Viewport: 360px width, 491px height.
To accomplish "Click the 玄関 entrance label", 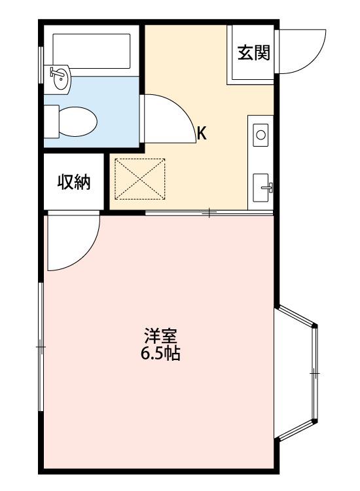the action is pyautogui.click(x=253, y=52).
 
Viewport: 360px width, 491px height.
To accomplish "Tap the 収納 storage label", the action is pyautogui.click(x=74, y=182).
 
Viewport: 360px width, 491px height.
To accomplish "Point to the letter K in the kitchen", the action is pyautogui.click(x=202, y=134).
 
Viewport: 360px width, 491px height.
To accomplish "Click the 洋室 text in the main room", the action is pyautogui.click(x=160, y=336).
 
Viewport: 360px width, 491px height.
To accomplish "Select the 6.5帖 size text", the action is pyautogui.click(x=160, y=354).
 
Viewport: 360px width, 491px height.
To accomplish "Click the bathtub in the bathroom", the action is pyautogui.click(x=92, y=51).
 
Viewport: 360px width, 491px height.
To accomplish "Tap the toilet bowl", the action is pyautogui.click(x=78, y=122).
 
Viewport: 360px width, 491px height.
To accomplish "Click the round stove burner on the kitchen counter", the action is pyautogui.click(x=261, y=135).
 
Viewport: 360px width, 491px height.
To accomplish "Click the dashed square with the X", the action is pyautogui.click(x=140, y=179).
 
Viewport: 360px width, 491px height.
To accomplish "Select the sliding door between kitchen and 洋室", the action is pyautogui.click(x=209, y=213).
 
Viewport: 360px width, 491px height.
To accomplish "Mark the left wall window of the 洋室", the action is pyautogui.click(x=41, y=347).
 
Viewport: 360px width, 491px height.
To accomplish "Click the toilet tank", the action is pyautogui.click(x=52, y=122).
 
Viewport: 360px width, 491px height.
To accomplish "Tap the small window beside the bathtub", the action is pyautogui.click(x=41, y=65).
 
